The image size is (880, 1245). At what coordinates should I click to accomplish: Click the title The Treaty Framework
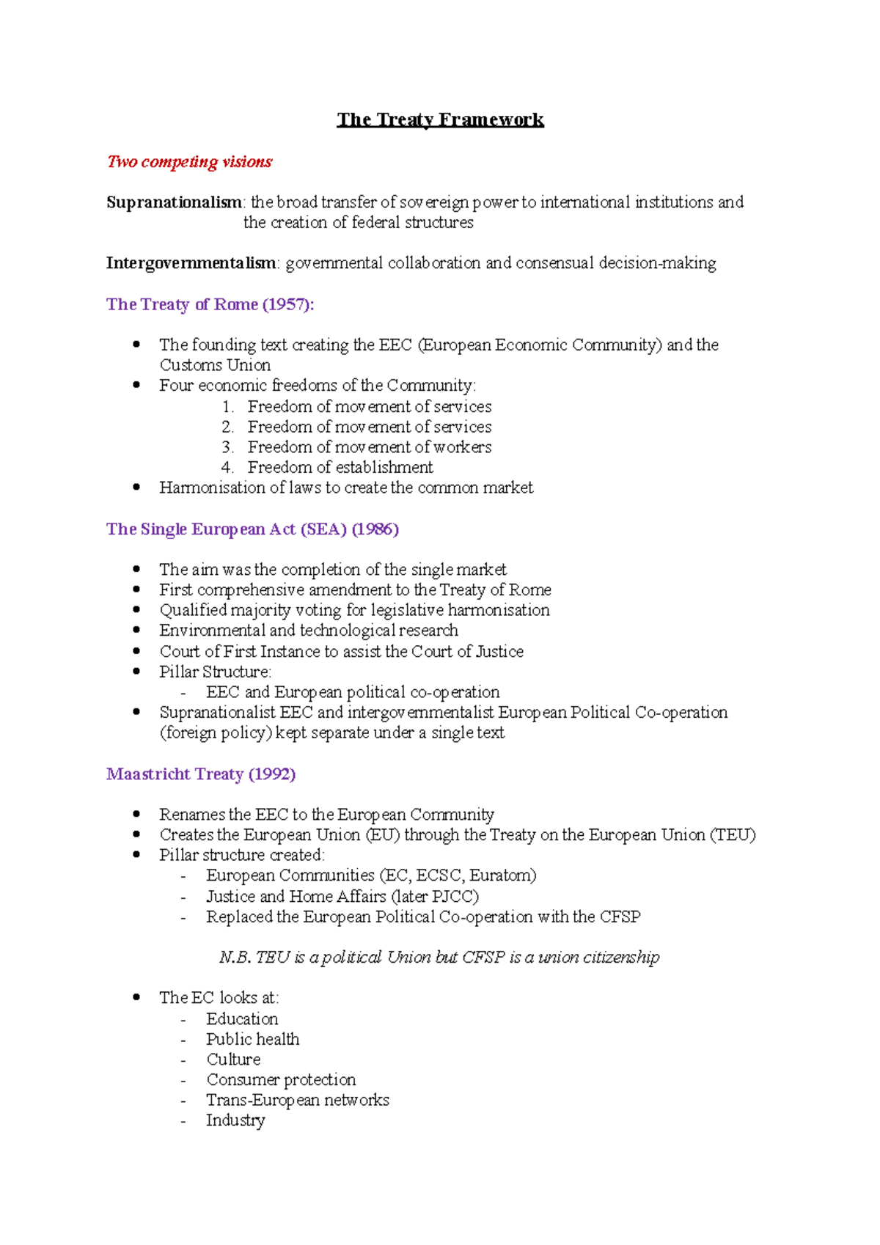(440, 120)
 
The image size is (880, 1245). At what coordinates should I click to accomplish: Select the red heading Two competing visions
(189, 161)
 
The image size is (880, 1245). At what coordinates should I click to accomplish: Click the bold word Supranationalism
(174, 202)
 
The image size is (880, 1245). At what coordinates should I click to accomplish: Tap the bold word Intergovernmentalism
(191, 262)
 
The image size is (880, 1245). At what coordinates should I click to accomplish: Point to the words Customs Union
(215, 365)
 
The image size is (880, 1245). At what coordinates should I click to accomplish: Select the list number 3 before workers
(227, 447)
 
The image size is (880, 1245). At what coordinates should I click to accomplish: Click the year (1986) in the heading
(375, 529)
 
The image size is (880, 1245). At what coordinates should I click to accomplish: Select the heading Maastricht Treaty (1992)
(201, 774)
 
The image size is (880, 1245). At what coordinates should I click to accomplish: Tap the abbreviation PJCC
(455, 896)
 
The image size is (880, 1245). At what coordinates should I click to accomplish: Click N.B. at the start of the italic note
(235, 958)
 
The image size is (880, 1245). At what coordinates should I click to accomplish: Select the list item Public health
(252, 1039)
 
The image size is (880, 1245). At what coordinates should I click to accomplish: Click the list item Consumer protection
(281, 1080)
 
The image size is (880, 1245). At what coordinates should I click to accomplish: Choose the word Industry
(235, 1120)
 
